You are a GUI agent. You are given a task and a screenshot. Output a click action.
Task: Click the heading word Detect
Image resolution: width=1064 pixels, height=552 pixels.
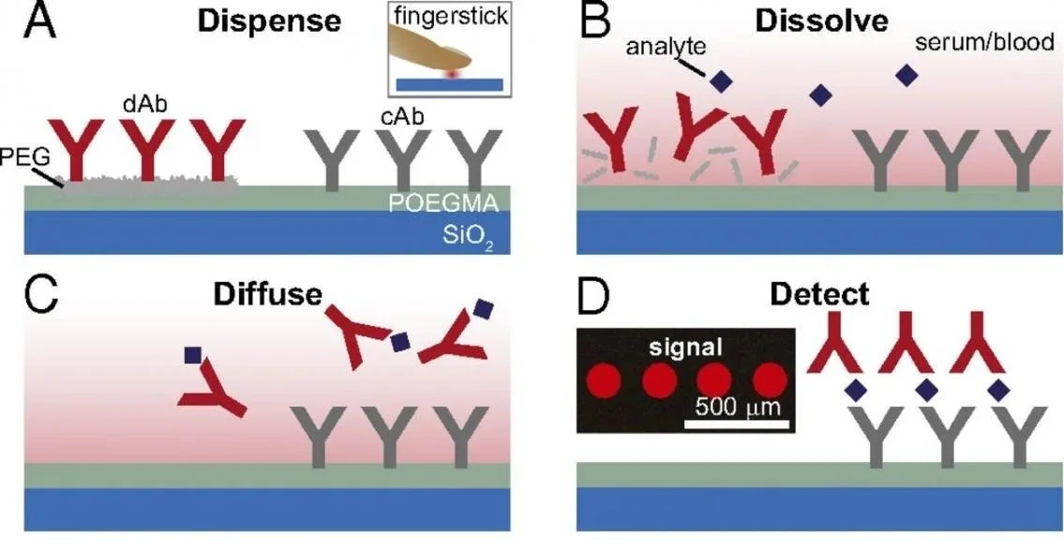[x=818, y=294]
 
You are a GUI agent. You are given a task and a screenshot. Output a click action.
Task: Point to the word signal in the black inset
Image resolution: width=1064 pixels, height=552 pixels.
[x=684, y=347]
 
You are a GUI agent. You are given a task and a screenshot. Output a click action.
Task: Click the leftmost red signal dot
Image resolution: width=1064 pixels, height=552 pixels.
[x=603, y=380]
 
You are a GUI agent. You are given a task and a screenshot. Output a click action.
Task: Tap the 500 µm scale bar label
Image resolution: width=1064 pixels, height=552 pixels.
[x=738, y=407]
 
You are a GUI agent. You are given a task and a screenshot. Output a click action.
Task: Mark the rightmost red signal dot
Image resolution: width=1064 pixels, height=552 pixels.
[x=769, y=380]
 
